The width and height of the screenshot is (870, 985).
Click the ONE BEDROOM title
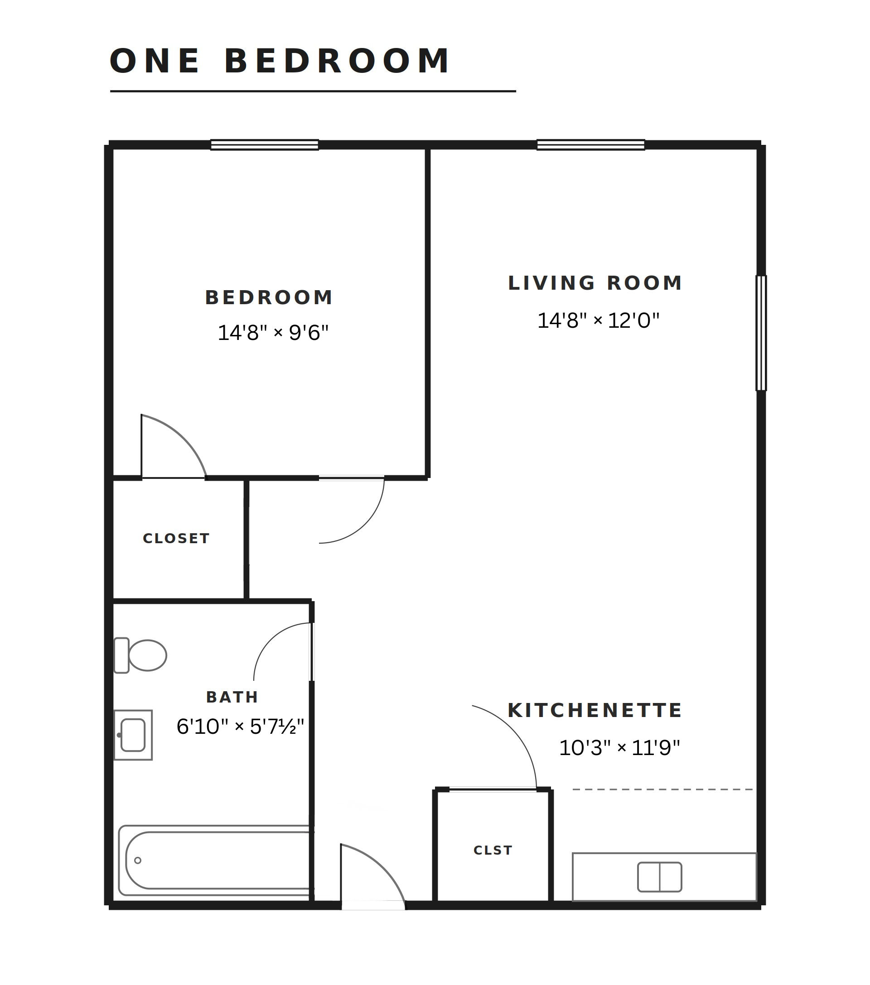coord(280,61)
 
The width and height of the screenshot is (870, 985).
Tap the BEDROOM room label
coord(269,298)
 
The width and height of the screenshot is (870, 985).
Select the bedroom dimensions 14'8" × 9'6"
coord(273,333)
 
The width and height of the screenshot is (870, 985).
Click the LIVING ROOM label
coord(595,283)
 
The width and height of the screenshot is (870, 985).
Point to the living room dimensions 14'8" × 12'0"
coord(598,320)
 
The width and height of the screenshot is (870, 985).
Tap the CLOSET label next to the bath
coord(176,538)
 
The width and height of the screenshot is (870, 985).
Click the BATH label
coord(232,697)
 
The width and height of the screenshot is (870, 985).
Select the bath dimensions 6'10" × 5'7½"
coord(240,726)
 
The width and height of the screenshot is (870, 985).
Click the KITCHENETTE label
coord(595,710)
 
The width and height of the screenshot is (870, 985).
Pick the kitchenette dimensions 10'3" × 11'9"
coord(619,747)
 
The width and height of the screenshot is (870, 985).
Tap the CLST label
coord(493,850)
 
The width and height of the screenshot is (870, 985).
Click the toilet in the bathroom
coord(140,655)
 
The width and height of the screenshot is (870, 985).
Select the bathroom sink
coord(133,735)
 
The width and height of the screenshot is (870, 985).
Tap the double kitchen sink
coord(659,877)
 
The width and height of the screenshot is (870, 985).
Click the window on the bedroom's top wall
coord(264,144)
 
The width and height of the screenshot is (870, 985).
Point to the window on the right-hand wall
coord(761,333)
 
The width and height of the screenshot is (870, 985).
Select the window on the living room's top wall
coord(591,144)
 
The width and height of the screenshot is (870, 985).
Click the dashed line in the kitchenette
coord(662,789)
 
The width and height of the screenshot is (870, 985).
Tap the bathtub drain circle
coord(137,860)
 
